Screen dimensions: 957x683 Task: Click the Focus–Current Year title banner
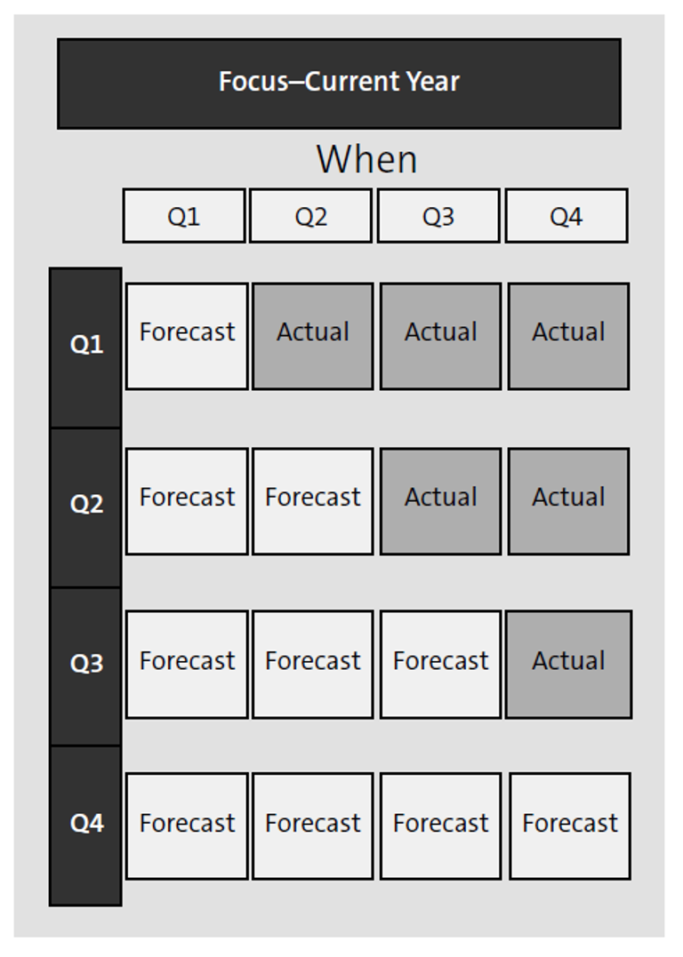(339, 83)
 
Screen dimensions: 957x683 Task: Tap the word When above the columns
(366, 160)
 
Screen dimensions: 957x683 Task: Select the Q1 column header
(184, 216)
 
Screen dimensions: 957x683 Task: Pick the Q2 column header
(311, 216)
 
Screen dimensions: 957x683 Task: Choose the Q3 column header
(438, 216)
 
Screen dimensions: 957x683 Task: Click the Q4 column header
(566, 216)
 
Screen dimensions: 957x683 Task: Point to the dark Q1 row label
(85, 345)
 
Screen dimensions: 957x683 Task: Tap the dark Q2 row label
(85, 505)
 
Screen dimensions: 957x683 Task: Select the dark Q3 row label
(85, 664)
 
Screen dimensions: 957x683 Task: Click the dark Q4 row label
(85, 824)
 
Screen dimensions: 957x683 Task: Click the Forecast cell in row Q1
(187, 336)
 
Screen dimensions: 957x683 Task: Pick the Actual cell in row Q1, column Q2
(313, 336)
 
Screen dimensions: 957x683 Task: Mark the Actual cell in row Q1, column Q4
(568, 336)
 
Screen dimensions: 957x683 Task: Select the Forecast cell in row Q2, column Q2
(313, 501)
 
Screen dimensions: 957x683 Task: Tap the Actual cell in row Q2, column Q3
(441, 501)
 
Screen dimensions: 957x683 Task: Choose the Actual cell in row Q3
(568, 664)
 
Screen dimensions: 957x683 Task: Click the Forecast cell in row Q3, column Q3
(441, 664)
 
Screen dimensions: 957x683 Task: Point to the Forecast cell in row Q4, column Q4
(570, 826)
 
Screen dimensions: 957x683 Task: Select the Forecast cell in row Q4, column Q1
(187, 826)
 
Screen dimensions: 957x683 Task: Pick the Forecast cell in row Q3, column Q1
(187, 664)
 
